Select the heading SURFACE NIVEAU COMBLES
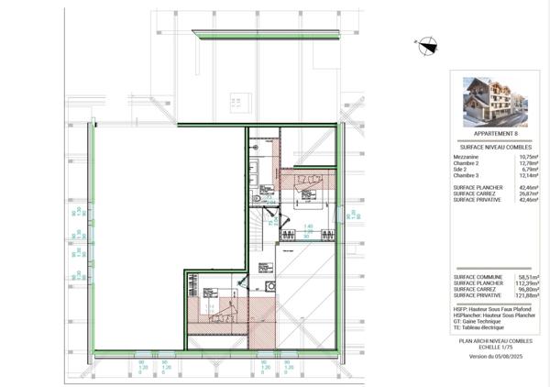pos(490,147)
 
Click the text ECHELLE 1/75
pos(490,347)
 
